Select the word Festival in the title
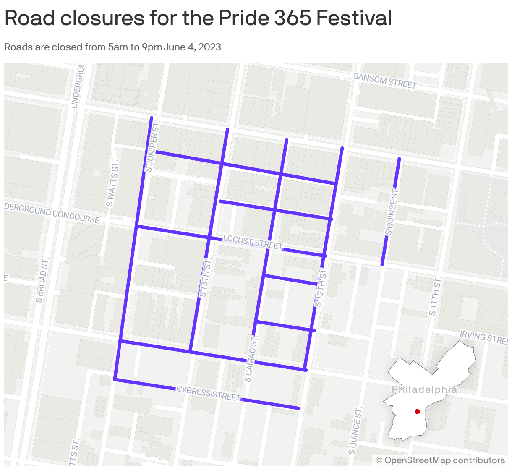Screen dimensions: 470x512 coord(353,18)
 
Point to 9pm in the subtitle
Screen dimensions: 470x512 coord(152,47)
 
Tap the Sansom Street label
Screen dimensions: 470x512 coord(385,81)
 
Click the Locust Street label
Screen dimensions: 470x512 coord(253,242)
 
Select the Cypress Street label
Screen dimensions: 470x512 coord(209,394)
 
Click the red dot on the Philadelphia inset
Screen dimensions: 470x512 coord(417,412)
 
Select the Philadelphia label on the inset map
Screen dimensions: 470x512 coord(424,390)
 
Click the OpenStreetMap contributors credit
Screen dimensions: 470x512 coord(440,460)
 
